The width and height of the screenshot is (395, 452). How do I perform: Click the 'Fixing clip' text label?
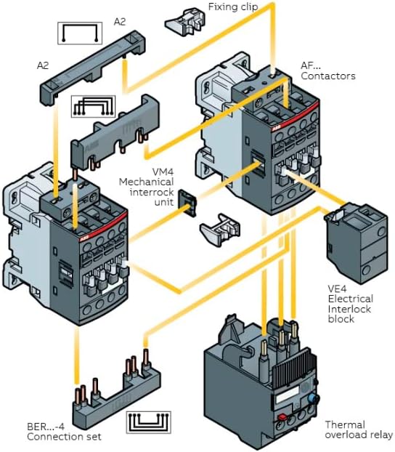point(236,7)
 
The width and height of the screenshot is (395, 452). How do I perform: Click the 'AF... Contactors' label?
point(327,70)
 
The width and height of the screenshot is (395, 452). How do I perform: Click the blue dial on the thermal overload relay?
point(314,400)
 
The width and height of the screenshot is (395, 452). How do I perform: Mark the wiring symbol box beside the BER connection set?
point(151,424)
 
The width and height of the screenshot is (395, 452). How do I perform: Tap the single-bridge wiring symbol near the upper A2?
point(82,33)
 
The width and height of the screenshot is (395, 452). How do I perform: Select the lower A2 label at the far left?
point(43,65)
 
